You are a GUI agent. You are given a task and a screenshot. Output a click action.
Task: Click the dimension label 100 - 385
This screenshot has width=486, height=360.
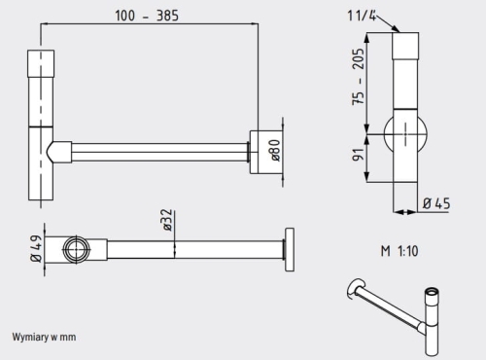click(147, 16)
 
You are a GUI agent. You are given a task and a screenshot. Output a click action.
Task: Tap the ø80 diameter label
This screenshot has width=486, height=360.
click(275, 150)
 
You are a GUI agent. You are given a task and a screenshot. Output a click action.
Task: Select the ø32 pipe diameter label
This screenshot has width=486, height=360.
click(167, 220)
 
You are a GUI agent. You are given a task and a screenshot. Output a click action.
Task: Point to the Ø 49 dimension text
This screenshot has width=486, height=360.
click(36, 248)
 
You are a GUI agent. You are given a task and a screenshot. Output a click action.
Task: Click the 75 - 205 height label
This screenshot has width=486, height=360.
click(358, 77)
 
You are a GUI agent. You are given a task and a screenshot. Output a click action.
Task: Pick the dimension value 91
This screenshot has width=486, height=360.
click(359, 155)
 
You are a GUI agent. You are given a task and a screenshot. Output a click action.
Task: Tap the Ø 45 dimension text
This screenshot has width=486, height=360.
click(436, 203)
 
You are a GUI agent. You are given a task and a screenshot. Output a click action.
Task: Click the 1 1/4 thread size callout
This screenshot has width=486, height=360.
click(362, 16)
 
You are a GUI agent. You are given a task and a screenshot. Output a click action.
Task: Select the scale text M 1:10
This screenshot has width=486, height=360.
click(399, 251)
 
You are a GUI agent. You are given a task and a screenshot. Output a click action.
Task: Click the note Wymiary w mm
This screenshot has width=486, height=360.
click(44, 337)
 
